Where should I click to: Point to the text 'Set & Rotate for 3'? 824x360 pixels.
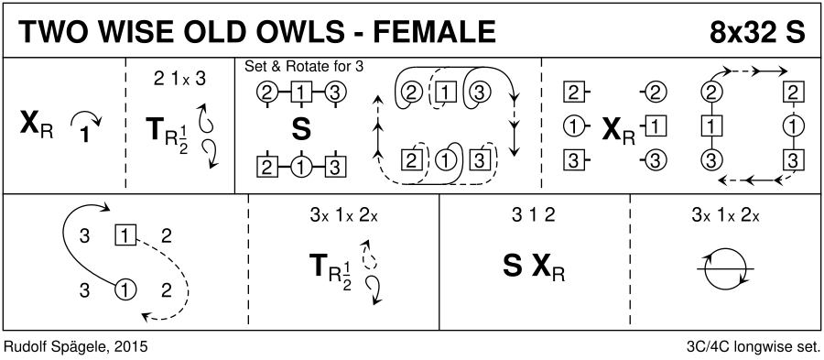304,67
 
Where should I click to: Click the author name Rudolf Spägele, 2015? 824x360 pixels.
75,347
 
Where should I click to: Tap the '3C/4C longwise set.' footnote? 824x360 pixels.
754,347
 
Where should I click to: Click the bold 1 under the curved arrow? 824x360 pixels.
85,135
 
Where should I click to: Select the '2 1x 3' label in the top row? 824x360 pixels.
179,79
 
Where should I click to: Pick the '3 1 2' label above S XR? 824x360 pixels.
533,215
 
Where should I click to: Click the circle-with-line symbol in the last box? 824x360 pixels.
725,268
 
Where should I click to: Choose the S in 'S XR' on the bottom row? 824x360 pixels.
514,267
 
